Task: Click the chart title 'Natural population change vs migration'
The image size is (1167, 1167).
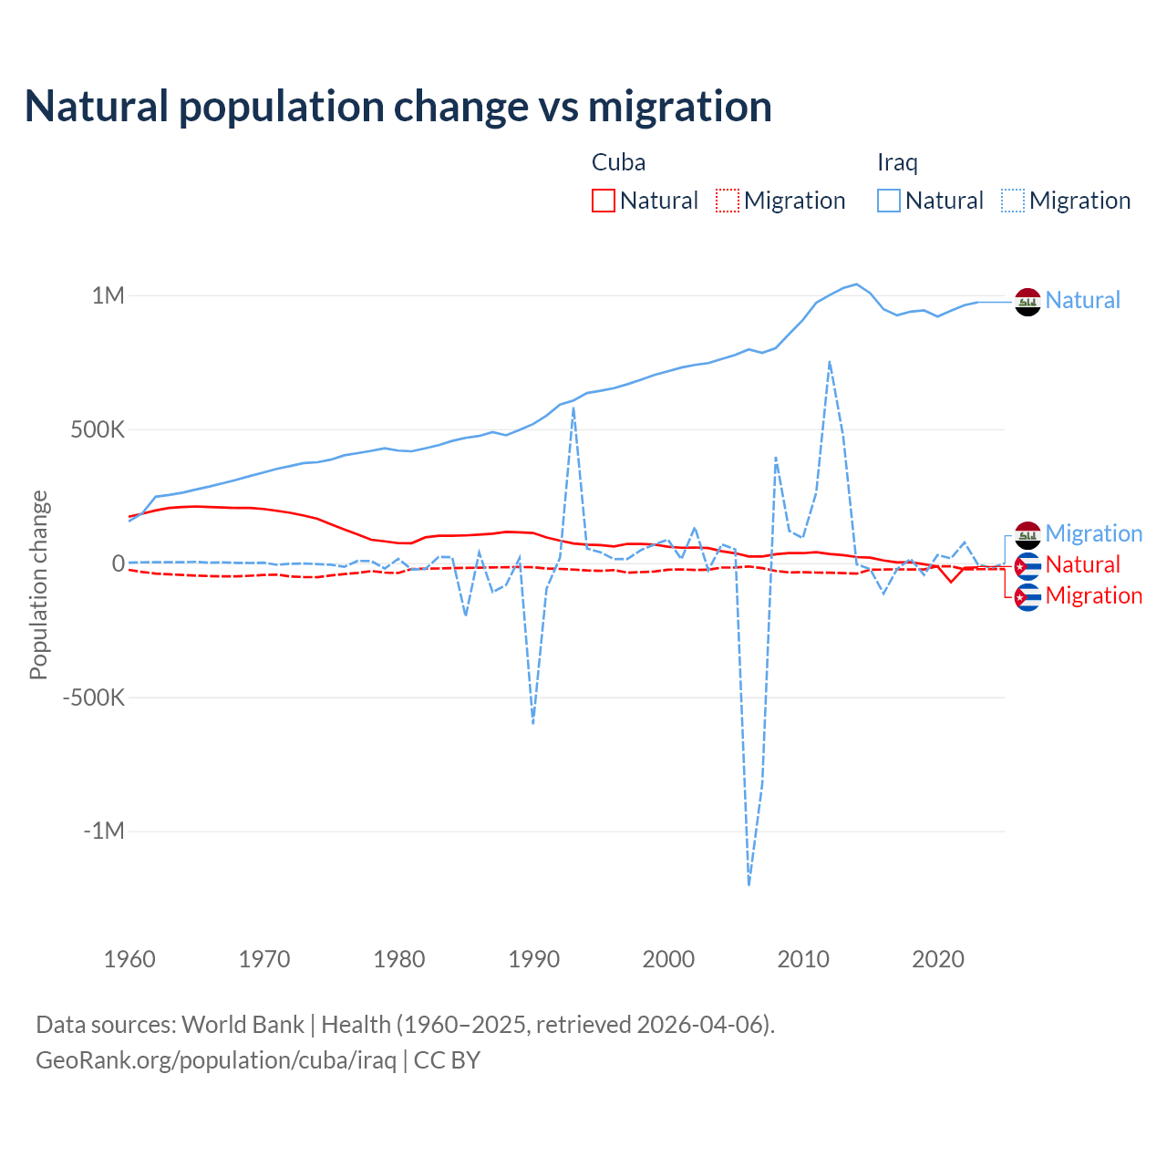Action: [x=398, y=107]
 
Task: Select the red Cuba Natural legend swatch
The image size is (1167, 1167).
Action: [x=604, y=201]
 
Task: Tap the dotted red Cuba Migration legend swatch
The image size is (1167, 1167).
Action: [x=728, y=201]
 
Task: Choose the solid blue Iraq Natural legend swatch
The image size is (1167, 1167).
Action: [x=889, y=201]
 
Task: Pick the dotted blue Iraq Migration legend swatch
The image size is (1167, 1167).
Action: [x=1013, y=201]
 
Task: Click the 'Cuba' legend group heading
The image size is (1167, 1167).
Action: [x=618, y=162]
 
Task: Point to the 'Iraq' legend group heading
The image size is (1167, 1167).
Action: [x=897, y=162]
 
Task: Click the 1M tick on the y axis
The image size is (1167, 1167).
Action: [x=108, y=295]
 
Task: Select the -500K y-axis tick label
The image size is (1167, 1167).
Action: [x=93, y=697]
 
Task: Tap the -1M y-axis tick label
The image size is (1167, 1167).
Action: [x=103, y=831]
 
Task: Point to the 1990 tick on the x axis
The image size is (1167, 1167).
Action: [x=534, y=959]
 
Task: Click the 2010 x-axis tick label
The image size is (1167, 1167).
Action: [x=803, y=959]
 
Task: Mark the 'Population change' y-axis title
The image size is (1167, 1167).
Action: [x=38, y=584]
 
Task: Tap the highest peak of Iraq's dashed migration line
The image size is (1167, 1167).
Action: [x=830, y=362]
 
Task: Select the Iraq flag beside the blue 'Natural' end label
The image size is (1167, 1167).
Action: [x=1028, y=301]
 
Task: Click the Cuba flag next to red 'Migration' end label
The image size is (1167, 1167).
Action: [x=1028, y=597]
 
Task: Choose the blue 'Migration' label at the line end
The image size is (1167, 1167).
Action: [x=1093, y=533]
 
